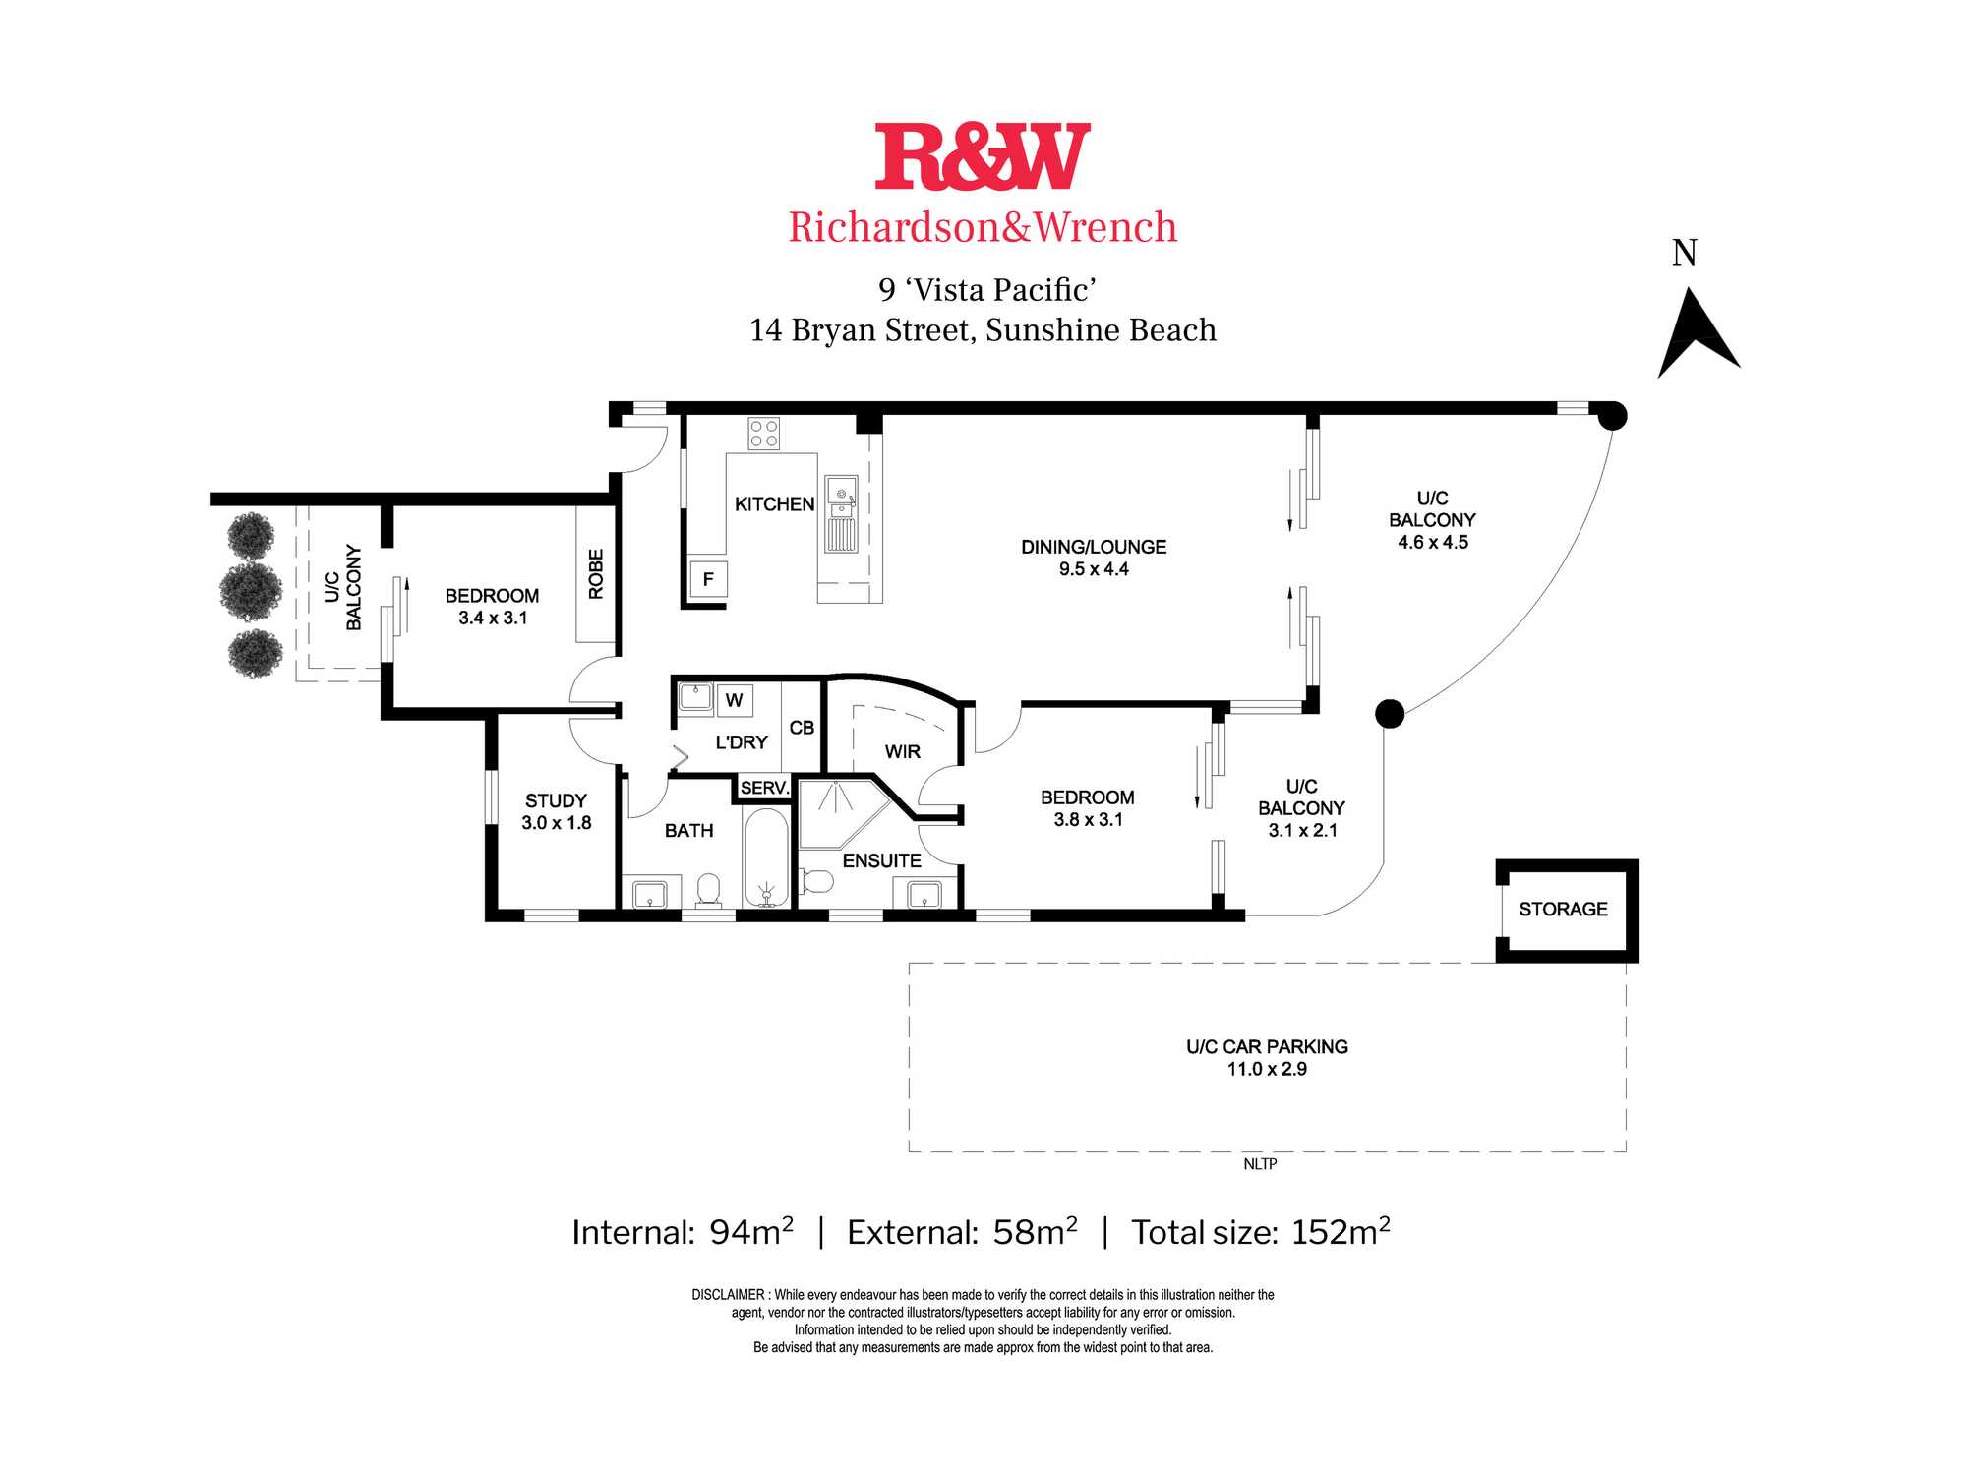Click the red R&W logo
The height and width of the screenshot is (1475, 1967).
983,156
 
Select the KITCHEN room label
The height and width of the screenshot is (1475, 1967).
775,504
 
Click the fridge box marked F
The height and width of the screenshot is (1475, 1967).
708,579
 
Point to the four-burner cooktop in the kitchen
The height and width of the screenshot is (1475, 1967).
764,434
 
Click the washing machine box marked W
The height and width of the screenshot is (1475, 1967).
734,700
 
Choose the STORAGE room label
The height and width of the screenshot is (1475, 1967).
1563,910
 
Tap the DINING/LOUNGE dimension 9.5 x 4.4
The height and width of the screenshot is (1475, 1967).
1094,569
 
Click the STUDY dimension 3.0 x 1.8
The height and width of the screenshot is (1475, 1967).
557,823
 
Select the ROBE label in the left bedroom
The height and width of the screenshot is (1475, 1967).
596,574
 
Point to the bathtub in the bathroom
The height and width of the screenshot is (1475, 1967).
766,857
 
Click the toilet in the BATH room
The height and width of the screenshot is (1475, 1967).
708,890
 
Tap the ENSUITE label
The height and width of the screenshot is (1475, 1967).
882,861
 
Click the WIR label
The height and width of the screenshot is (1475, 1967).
903,752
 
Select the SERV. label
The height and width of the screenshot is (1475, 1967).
764,788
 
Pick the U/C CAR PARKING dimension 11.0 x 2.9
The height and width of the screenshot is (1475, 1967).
1267,1069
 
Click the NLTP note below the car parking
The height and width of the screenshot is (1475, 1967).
1260,1164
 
